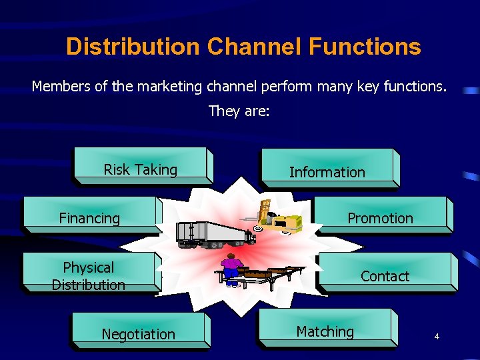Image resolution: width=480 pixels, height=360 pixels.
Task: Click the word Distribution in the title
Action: [x=133, y=47]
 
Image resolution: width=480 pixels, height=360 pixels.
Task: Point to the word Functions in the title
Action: [x=365, y=47]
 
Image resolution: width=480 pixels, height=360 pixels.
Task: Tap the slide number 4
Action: [x=437, y=337]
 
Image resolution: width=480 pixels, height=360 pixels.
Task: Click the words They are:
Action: [x=239, y=111]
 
